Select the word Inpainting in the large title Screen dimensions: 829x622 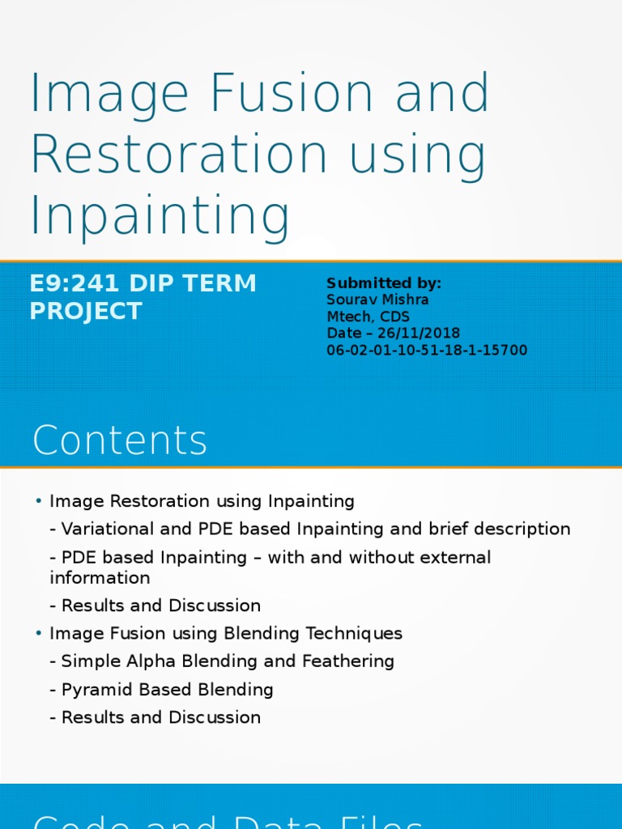point(160,216)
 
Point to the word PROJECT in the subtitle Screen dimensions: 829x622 point(86,311)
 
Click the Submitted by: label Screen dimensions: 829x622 point(384,283)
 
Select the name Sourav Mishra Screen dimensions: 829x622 point(377,300)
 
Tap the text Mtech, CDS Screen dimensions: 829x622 point(368,317)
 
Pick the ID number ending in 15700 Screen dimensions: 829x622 point(427,351)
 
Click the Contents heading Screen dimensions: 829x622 point(120,441)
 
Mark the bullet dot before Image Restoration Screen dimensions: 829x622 point(38,502)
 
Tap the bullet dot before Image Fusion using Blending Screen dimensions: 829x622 point(38,633)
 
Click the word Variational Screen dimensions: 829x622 point(109,529)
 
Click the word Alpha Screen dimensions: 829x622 point(144,661)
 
